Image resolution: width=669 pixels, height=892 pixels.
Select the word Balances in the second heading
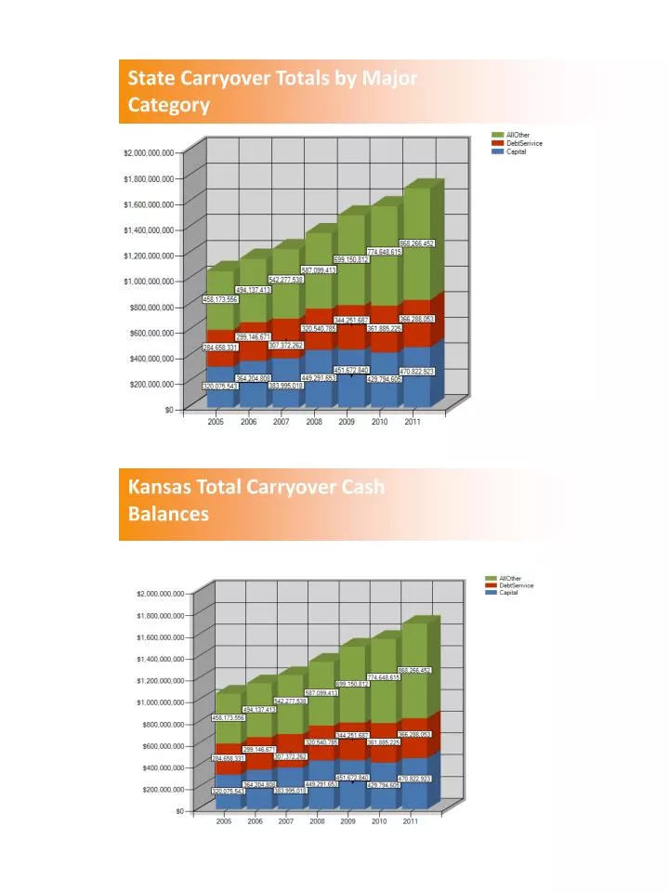click(168, 513)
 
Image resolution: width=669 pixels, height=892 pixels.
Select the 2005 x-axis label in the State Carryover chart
click(216, 422)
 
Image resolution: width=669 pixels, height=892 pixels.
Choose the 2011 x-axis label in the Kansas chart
click(410, 822)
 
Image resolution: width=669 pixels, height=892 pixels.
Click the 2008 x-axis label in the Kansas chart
click(317, 822)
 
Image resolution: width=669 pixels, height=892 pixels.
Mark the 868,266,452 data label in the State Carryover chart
click(416, 243)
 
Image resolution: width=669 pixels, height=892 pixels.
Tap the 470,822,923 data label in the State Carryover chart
click(416, 371)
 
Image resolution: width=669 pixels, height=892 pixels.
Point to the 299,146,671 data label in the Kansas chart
click(260, 749)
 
